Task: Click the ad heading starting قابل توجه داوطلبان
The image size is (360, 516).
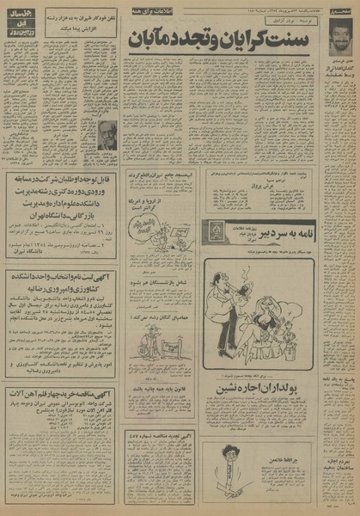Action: [62, 182]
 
